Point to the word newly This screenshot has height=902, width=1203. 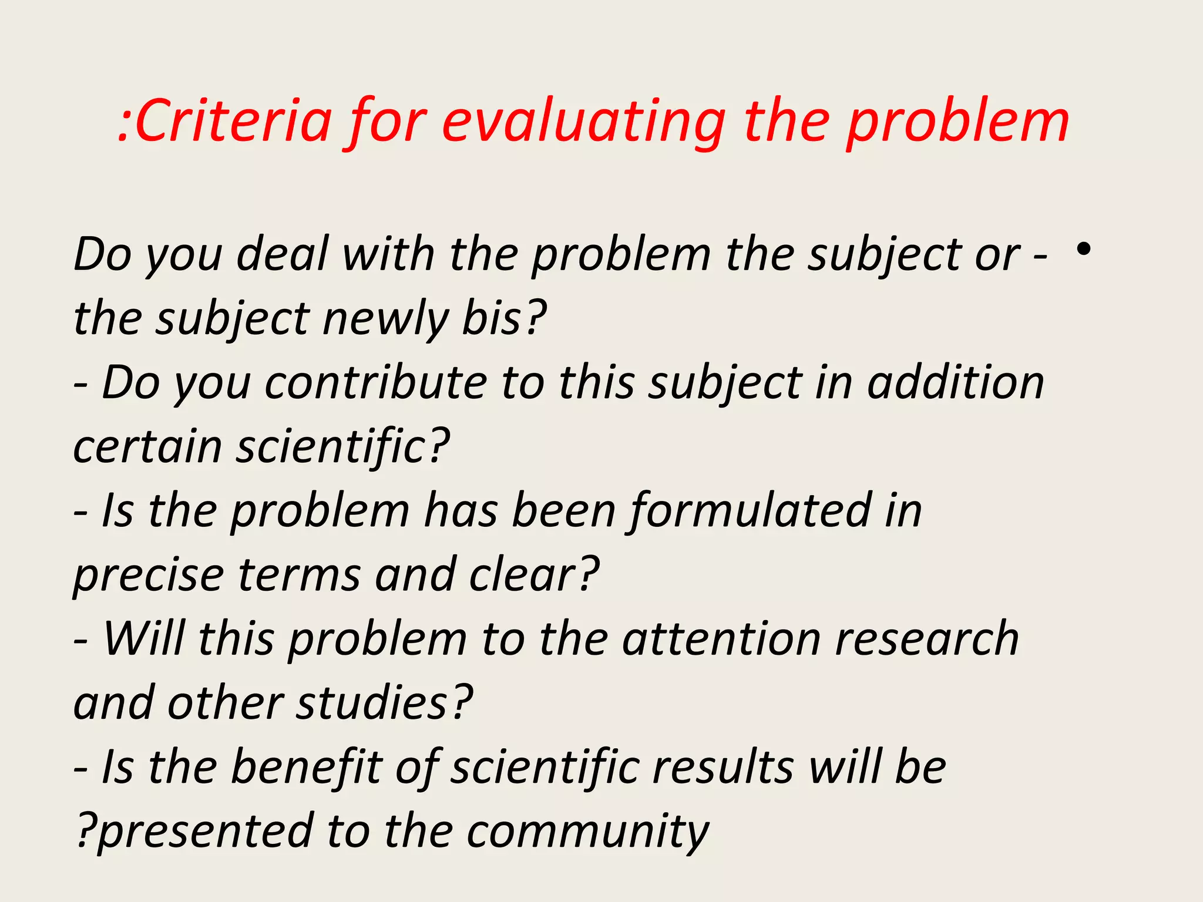pos(385,319)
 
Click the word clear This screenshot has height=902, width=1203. pos(532,575)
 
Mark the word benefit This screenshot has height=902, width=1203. pos(306,767)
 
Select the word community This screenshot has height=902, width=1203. pos(588,832)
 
